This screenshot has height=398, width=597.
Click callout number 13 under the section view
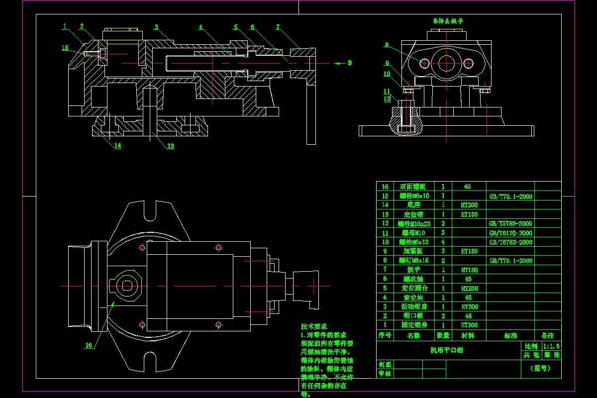point(170,146)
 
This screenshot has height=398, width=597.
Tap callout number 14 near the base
point(117,146)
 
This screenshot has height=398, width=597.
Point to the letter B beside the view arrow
point(350,63)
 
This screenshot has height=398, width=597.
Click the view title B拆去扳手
point(448,21)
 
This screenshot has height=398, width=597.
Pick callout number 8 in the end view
point(386,45)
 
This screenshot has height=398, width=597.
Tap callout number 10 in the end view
point(387,74)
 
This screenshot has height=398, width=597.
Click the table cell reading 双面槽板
point(413,187)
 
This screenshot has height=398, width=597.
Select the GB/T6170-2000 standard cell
point(510,233)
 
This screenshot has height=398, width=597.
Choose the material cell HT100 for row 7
point(469,270)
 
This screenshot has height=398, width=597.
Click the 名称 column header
point(413,336)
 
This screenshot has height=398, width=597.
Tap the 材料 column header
point(468,336)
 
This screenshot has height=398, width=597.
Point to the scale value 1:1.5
point(552,346)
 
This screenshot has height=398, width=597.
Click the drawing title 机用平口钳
point(446,350)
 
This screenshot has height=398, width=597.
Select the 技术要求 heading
point(314,327)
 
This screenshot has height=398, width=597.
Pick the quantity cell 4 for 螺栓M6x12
point(443,242)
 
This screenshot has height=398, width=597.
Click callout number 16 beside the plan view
point(89,345)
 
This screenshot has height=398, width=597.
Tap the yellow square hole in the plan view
point(126,286)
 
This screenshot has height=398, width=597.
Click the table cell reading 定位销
point(413,214)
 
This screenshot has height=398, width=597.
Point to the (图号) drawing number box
point(542,369)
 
